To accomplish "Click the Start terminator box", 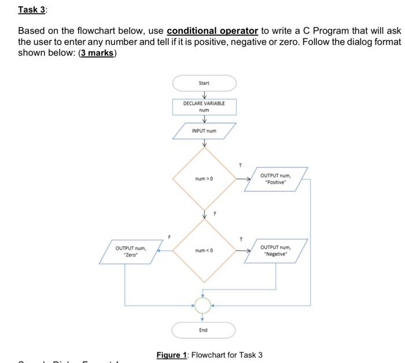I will (x=204, y=83).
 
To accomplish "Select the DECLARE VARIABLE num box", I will (x=204, y=106).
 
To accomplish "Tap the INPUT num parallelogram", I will (x=204, y=131).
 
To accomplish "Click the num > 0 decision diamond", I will (x=204, y=179).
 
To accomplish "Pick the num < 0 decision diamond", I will (x=204, y=251).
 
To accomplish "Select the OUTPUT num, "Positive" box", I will (x=275, y=179).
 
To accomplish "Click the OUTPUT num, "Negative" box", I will (x=275, y=251).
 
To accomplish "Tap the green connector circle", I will (x=203, y=304).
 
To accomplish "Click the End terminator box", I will (x=203, y=330).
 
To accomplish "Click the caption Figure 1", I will (x=171, y=354).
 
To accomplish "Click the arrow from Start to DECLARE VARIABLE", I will (x=204, y=95).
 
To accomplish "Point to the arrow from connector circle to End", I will (x=203, y=317).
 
